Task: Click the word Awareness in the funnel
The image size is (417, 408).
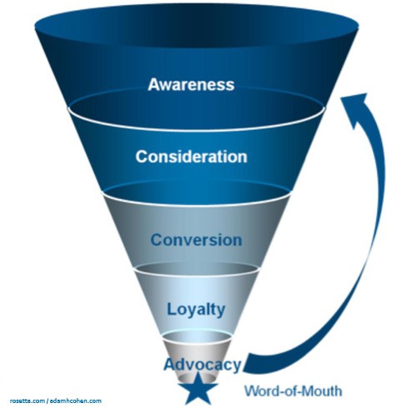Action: pos(191,84)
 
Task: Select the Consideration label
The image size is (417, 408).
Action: pos(191,156)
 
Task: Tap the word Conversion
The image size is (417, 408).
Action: pos(196,240)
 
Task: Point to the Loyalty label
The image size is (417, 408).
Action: pos(195,309)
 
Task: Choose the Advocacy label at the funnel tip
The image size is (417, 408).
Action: pos(202,365)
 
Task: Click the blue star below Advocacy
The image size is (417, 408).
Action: pos(200,388)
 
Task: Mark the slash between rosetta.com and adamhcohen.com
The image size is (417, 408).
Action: pos(48,401)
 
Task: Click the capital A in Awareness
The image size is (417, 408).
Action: pos(153,84)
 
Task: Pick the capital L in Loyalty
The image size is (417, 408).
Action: pos(170,309)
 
